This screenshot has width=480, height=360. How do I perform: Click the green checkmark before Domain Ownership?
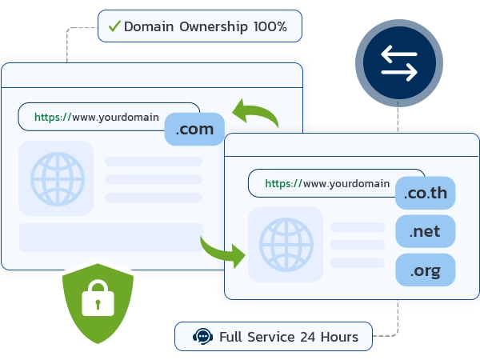[114, 26]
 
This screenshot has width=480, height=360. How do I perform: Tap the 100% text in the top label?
[270, 26]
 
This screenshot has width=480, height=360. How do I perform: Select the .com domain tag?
[194, 130]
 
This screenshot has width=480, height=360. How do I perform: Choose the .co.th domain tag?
[426, 194]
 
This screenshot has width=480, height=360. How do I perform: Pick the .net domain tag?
[426, 232]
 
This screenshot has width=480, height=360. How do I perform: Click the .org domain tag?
[426, 270]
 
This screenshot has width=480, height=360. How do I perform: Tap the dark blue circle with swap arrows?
[398, 64]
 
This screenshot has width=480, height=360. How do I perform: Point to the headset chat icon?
[203, 337]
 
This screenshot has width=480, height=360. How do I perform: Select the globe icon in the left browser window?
[57, 178]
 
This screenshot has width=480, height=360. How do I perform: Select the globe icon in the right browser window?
[286, 244]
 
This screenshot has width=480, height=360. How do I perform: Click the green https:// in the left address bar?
[53, 117]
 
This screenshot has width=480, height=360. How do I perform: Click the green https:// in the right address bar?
[283, 183]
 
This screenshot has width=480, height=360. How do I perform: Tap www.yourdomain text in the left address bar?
[115, 117]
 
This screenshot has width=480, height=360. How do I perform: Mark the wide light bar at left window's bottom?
[110, 238]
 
